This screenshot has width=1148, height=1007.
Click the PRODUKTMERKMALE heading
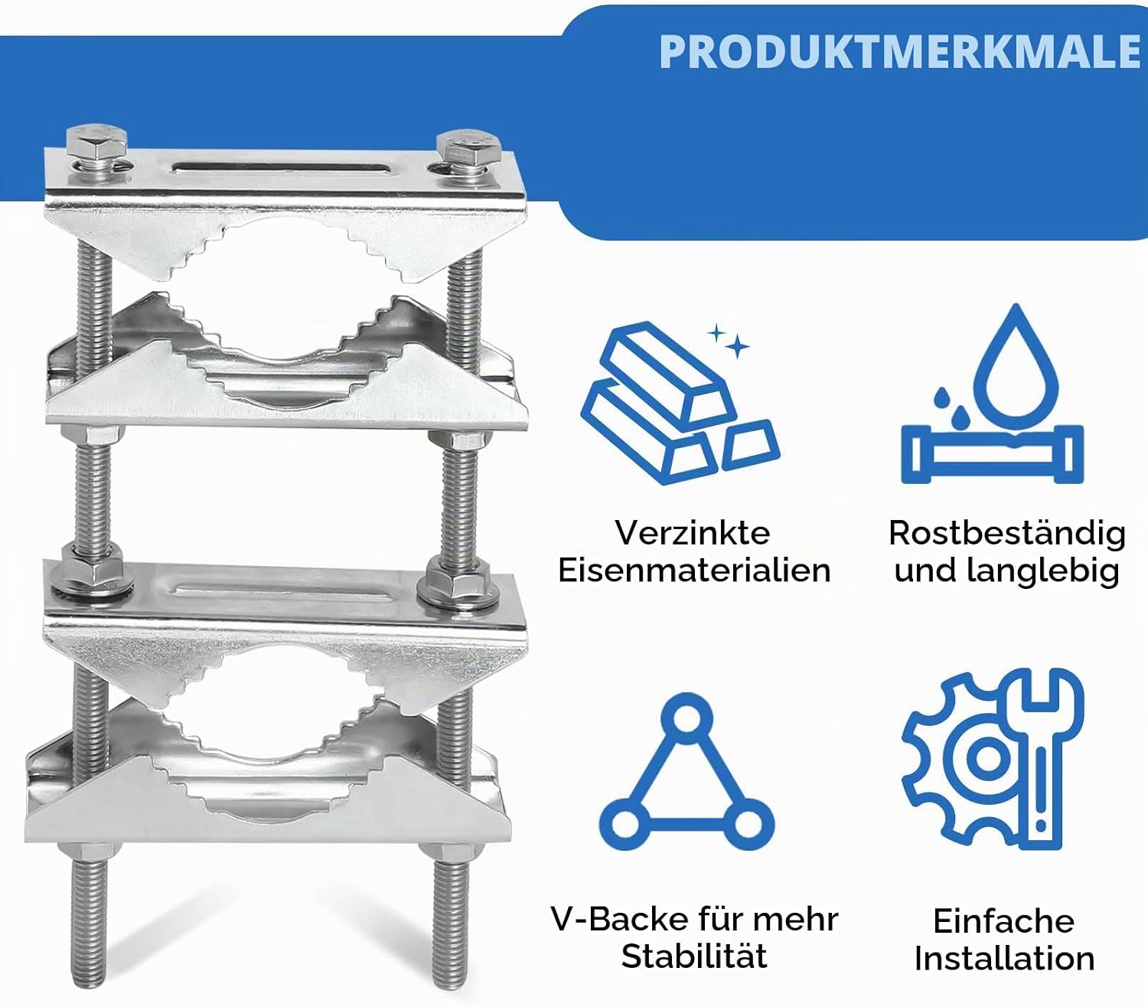(900, 51)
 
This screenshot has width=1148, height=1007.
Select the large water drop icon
(1016, 368)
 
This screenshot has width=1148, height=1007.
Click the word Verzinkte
(693, 533)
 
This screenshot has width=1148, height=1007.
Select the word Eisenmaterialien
(694, 570)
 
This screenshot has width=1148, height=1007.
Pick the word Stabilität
(694, 956)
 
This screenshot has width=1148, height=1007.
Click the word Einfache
(1003, 920)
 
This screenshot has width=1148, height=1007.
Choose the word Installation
(1004, 958)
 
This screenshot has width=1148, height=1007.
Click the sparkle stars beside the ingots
(729, 341)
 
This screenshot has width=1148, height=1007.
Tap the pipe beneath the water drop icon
(992, 455)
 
